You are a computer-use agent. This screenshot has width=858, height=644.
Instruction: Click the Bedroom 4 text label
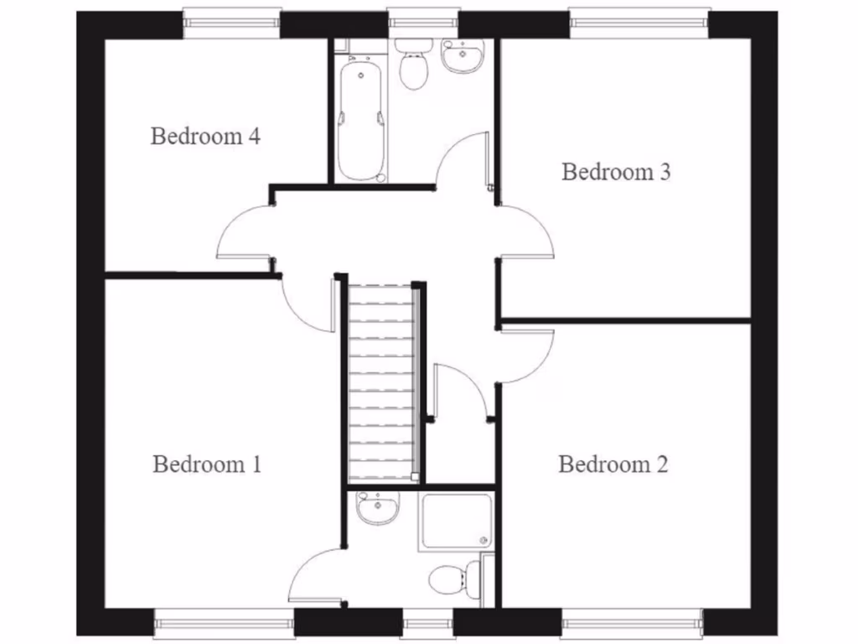coord(204,136)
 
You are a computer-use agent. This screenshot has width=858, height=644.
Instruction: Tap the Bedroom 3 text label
coord(616,172)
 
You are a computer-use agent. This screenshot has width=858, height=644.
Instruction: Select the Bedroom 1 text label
coord(207,464)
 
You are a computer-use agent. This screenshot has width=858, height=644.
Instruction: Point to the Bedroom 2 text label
coord(613,464)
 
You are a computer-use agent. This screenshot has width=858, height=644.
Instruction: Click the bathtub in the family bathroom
coord(361,120)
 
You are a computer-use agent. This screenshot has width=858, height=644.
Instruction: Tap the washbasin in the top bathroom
coord(462,57)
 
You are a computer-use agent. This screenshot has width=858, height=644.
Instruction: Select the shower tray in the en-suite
coord(455,521)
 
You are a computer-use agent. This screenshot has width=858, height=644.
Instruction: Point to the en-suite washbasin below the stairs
coord(376,507)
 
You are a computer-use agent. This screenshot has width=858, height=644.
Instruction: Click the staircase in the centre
coord(382,382)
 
